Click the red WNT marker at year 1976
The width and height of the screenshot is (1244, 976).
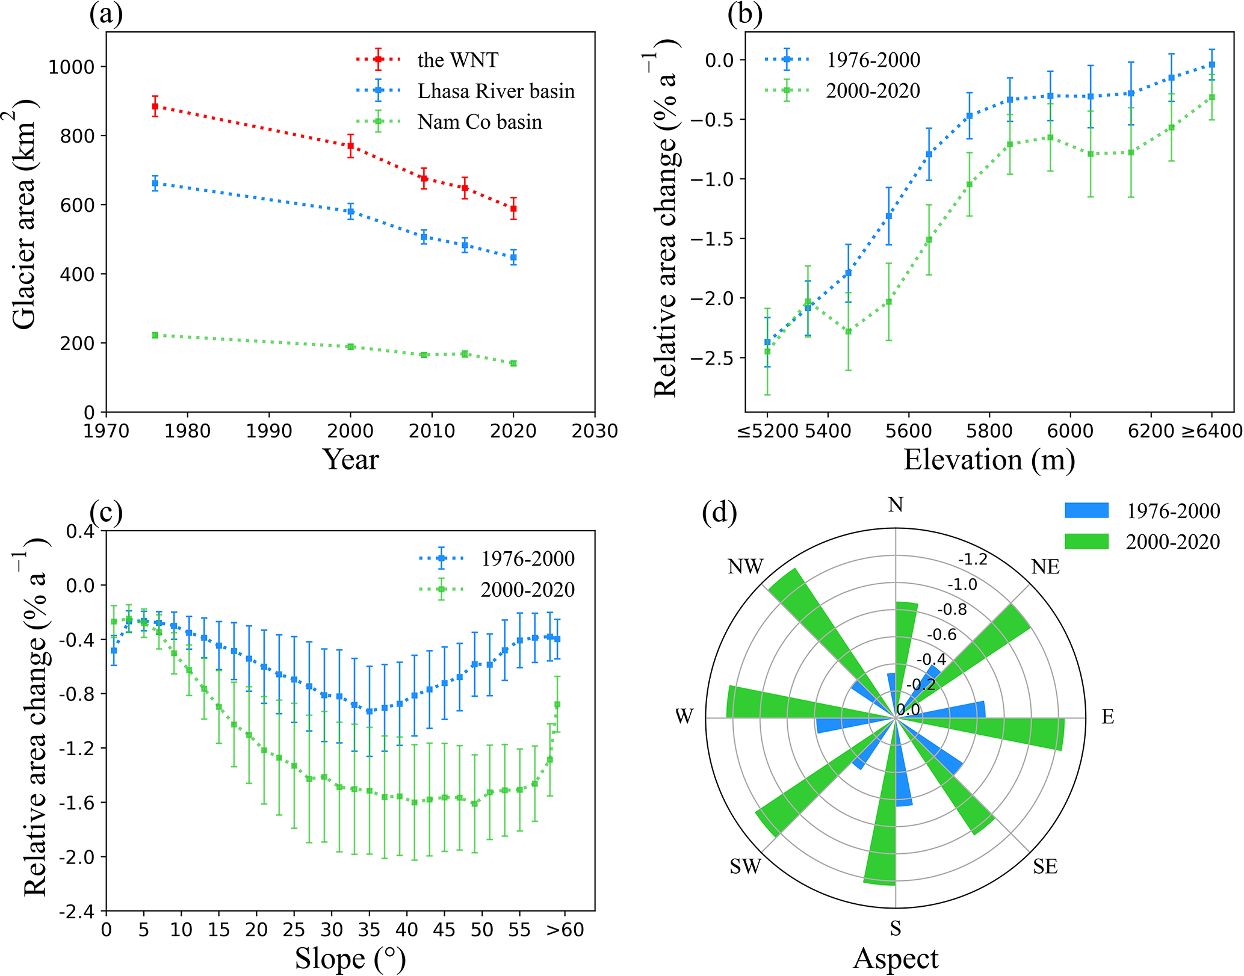[x=155, y=107]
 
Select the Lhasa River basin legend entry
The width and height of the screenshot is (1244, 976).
[x=496, y=91]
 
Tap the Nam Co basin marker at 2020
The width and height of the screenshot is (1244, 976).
[x=513, y=363]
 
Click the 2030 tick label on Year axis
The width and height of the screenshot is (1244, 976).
[x=595, y=431]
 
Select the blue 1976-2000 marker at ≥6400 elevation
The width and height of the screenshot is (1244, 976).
[x=1212, y=64]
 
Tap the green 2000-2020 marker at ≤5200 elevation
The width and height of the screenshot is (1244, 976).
[x=767, y=351]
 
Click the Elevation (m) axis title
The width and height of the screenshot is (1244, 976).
[x=989, y=460]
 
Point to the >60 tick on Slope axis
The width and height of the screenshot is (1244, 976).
[x=565, y=930]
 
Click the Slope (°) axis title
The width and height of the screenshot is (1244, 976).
[x=350, y=959]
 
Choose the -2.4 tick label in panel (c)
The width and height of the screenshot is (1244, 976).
[x=76, y=912]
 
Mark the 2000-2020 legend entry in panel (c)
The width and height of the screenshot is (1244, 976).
[x=527, y=590]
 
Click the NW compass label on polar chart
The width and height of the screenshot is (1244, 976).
[x=745, y=567]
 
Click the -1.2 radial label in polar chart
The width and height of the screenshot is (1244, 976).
[x=973, y=560]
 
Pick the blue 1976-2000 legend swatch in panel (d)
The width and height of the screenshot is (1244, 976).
[x=1086, y=510]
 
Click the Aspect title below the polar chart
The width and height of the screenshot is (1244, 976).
[x=896, y=959]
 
